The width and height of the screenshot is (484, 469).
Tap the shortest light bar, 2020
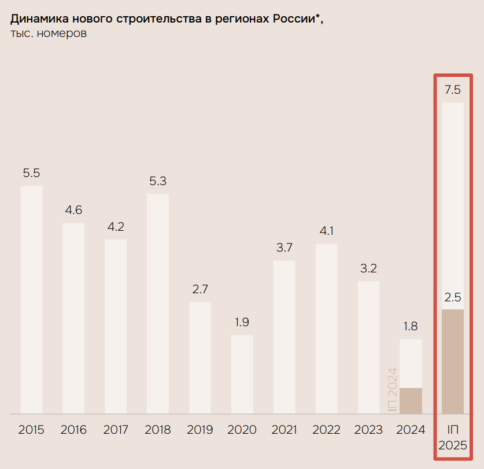click(242, 374)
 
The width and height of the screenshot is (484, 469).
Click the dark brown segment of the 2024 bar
click(411, 401)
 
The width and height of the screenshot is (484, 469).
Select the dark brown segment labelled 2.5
click(453, 361)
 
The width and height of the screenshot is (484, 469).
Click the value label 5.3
click(158, 181)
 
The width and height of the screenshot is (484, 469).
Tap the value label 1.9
click(242, 322)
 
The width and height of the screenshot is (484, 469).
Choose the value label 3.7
click(284, 248)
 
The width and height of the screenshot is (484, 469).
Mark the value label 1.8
click(411, 326)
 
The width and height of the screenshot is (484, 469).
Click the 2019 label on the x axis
click(200, 430)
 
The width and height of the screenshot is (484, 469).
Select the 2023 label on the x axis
click(368, 430)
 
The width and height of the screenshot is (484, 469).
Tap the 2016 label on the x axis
click(73, 430)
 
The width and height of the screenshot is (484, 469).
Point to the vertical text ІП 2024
click(392, 390)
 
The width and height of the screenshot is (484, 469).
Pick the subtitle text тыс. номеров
click(49, 34)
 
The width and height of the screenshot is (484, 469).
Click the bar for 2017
click(116, 327)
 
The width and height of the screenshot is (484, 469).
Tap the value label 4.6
click(73, 210)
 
